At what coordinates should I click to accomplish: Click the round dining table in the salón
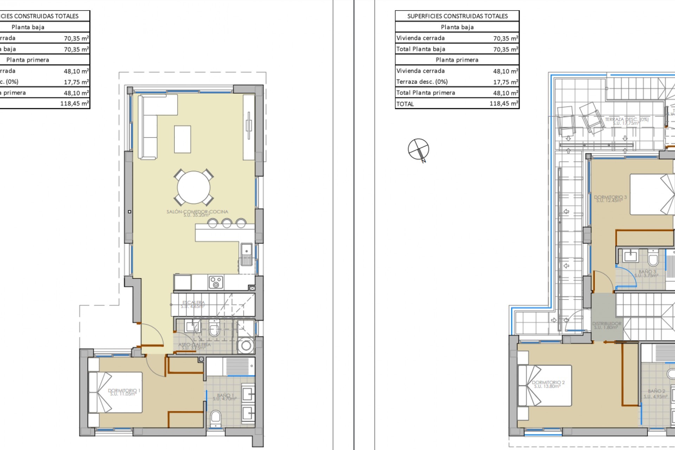193,187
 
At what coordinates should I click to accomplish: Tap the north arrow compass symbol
418,149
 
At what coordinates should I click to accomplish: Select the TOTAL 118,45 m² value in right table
503,104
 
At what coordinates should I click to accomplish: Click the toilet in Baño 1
216,418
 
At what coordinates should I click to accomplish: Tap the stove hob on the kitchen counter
216,282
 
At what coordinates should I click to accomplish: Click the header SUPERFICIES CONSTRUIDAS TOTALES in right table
457,16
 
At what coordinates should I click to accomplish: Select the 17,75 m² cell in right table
505,82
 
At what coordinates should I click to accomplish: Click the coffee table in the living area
182,140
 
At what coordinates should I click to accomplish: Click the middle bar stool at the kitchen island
226,223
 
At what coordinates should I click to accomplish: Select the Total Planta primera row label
425,93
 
